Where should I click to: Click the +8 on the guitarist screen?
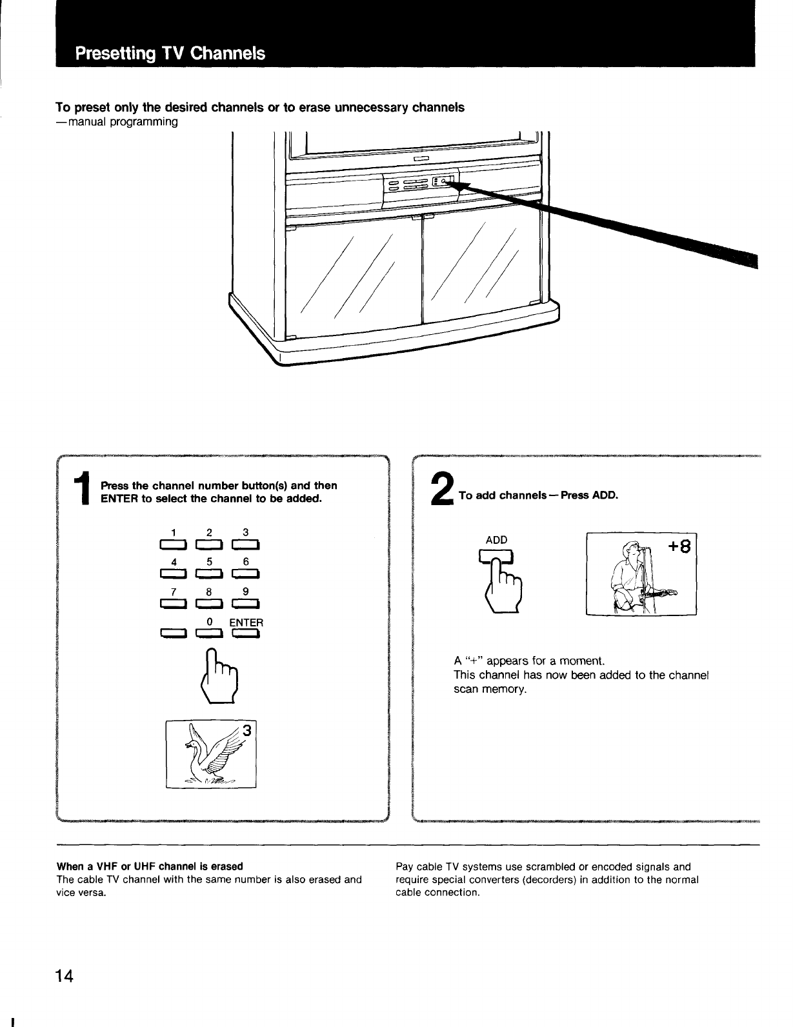(x=680, y=547)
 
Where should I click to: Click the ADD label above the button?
(x=496, y=539)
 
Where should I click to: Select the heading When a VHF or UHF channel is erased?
(x=150, y=866)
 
